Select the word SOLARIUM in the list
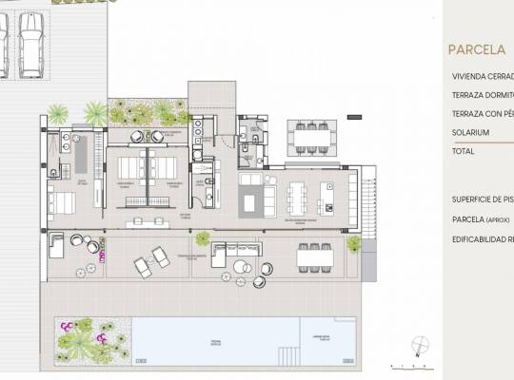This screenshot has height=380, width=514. click(x=470, y=132)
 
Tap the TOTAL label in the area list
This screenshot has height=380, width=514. click(x=464, y=151)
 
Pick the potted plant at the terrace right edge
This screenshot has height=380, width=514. click(x=353, y=244)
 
